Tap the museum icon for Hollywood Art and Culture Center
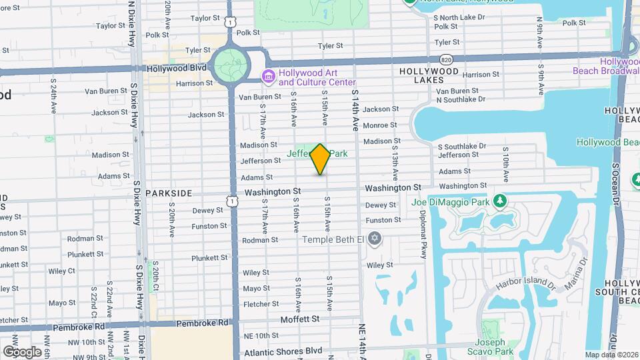[269, 77]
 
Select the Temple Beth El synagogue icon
[375, 238]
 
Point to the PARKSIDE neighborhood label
[169, 193]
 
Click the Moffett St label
[299, 319]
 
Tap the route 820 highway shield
[446, 60]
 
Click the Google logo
[22, 352]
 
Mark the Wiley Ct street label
[61, 271]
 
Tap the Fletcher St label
[255, 304]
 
